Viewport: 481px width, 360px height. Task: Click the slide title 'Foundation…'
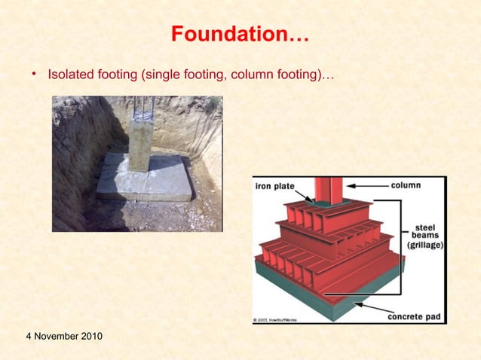pyautogui.click(x=240, y=35)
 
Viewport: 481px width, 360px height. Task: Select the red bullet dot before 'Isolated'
pyautogui.click(x=33, y=75)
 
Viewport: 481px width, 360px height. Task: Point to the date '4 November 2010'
pyautogui.click(x=54, y=334)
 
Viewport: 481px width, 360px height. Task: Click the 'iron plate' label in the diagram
pyautogui.click(x=275, y=186)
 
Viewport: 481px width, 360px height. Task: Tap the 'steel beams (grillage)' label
pyautogui.click(x=425, y=236)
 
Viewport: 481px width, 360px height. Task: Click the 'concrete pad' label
pyautogui.click(x=415, y=316)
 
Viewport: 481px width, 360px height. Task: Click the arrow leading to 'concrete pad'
pyautogui.click(x=370, y=309)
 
